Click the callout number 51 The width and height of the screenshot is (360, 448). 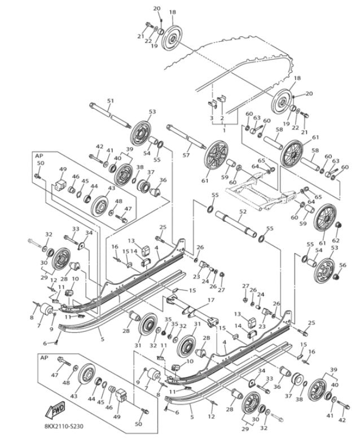[110, 101]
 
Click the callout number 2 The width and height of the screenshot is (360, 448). [222, 119]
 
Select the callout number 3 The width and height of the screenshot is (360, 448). [211, 119]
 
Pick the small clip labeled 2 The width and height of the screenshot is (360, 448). [221, 99]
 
